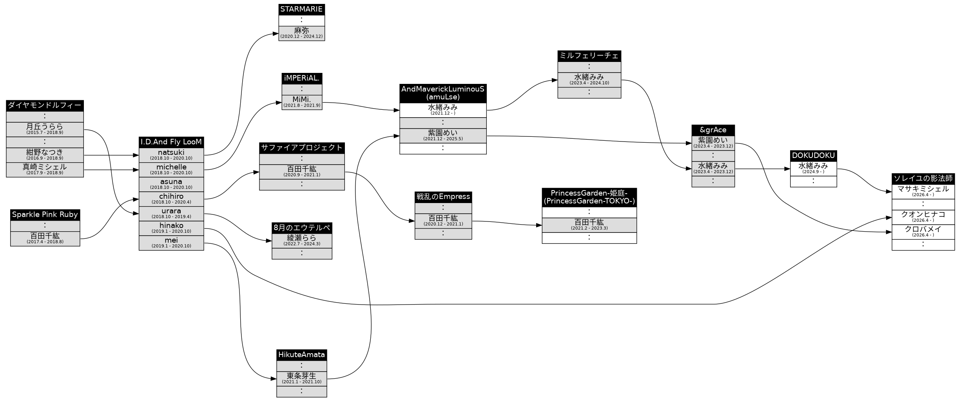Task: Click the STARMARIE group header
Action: click(x=301, y=9)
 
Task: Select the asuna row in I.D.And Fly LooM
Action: click(x=171, y=184)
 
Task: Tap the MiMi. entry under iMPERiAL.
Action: click(x=302, y=102)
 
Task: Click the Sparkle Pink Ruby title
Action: click(x=45, y=215)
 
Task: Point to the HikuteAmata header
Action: click(x=301, y=355)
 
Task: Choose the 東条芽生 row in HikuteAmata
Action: click(x=301, y=379)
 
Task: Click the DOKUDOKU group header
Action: click(x=813, y=156)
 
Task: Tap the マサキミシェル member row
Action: click(x=923, y=192)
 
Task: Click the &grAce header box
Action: click(x=713, y=130)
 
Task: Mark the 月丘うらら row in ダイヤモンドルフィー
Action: click(x=45, y=129)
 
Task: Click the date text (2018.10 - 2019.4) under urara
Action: click(x=171, y=217)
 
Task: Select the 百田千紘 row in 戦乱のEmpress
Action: click(x=443, y=221)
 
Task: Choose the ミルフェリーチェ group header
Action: click(x=589, y=56)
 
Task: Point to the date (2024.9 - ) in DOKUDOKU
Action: click(x=813, y=172)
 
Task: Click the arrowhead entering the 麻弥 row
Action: click(x=276, y=34)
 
